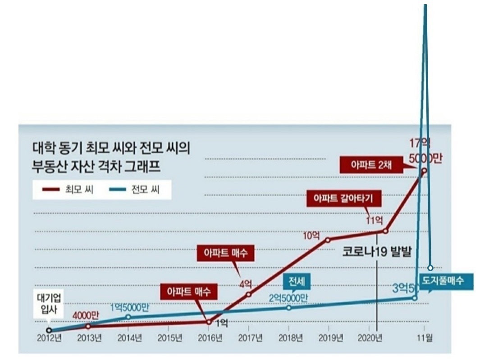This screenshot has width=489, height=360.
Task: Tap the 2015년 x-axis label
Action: point(169,338)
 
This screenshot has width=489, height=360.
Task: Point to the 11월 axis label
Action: point(424,338)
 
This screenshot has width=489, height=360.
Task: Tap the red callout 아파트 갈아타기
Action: point(344,198)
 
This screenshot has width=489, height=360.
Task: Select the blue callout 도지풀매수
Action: point(446,281)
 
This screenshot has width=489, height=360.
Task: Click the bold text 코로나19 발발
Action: point(377,251)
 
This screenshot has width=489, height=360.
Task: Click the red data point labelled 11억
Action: point(385,231)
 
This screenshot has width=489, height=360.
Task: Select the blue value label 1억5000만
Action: point(129,307)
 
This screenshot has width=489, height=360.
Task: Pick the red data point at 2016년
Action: point(209,322)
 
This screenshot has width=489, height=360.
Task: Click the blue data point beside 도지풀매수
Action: point(430,267)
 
